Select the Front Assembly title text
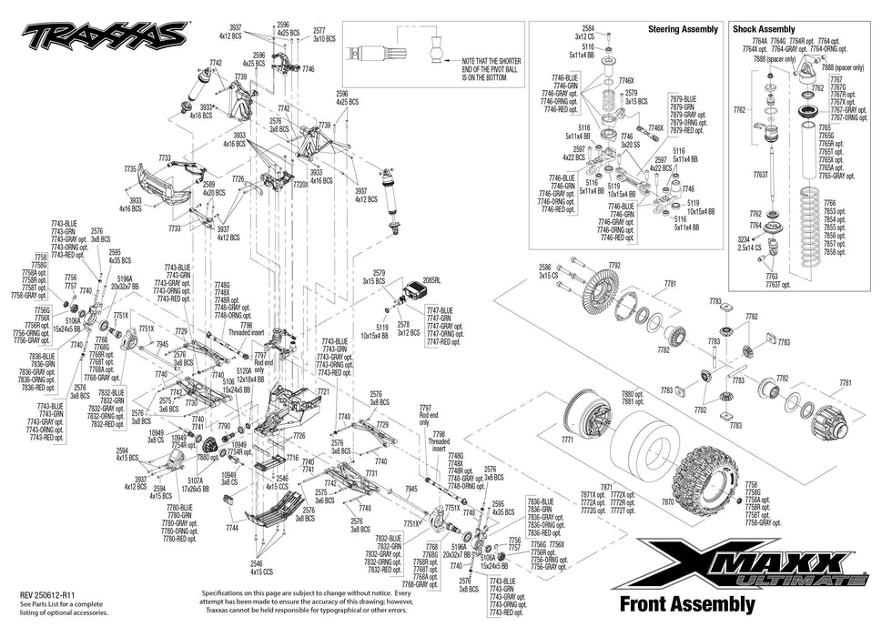click(686, 602)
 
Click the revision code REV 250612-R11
click(54, 592)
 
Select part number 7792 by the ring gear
click(614, 266)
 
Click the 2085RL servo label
click(431, 281)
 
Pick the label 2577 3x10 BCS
click(324, 35)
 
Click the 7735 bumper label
click(130, 168)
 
